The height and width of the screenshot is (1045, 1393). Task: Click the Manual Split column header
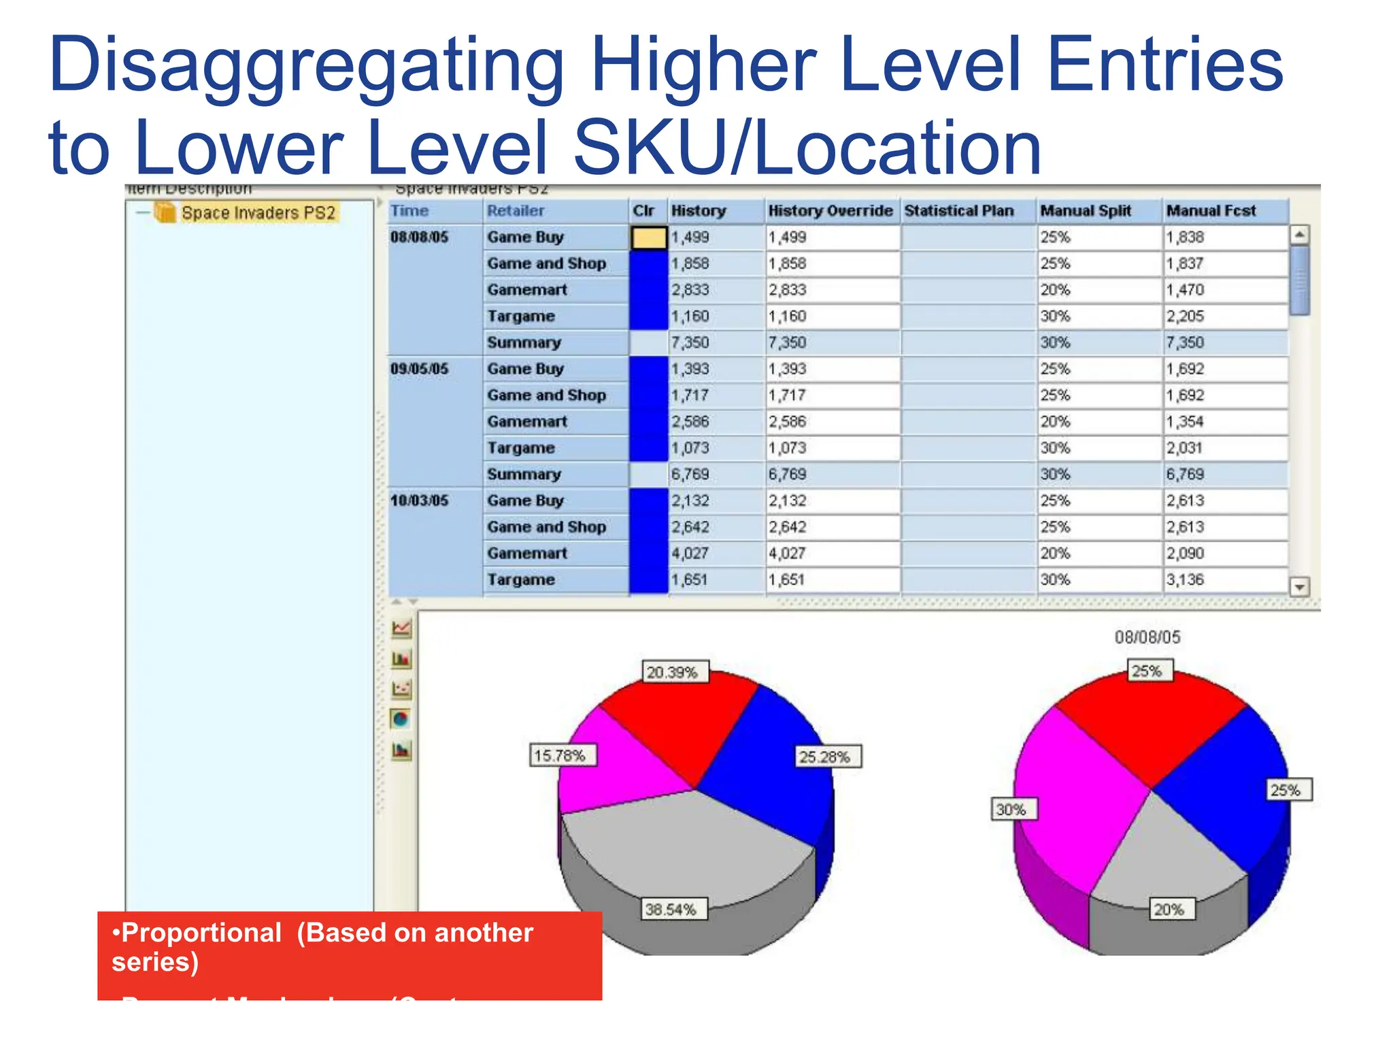[1086, 211]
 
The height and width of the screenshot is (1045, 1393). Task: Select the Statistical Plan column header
[959, 211]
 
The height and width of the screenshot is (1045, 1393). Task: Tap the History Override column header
[830, 211]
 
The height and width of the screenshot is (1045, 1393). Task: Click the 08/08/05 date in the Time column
[419, 237]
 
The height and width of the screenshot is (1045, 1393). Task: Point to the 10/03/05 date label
[419, 501]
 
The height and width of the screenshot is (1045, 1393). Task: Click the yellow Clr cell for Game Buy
[648, 237]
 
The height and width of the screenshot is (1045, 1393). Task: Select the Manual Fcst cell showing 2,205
[1185, 316]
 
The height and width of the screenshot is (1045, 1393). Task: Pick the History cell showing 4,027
[690, 553]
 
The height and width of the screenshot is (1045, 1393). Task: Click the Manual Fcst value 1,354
[1185, 422]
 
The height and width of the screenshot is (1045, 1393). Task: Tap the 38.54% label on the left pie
[671, 910]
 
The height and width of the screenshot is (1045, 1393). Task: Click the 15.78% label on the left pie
[559, 755]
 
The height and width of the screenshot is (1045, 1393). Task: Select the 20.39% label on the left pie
[672, 672]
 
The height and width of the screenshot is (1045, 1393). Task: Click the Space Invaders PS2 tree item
[258, 213]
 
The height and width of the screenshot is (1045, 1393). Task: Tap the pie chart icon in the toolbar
[401, 719]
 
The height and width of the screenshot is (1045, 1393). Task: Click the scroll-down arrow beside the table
[1300, 586]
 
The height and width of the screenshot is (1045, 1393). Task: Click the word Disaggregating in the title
[306, 65]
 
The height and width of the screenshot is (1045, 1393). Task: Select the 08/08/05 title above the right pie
[1147, 637]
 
